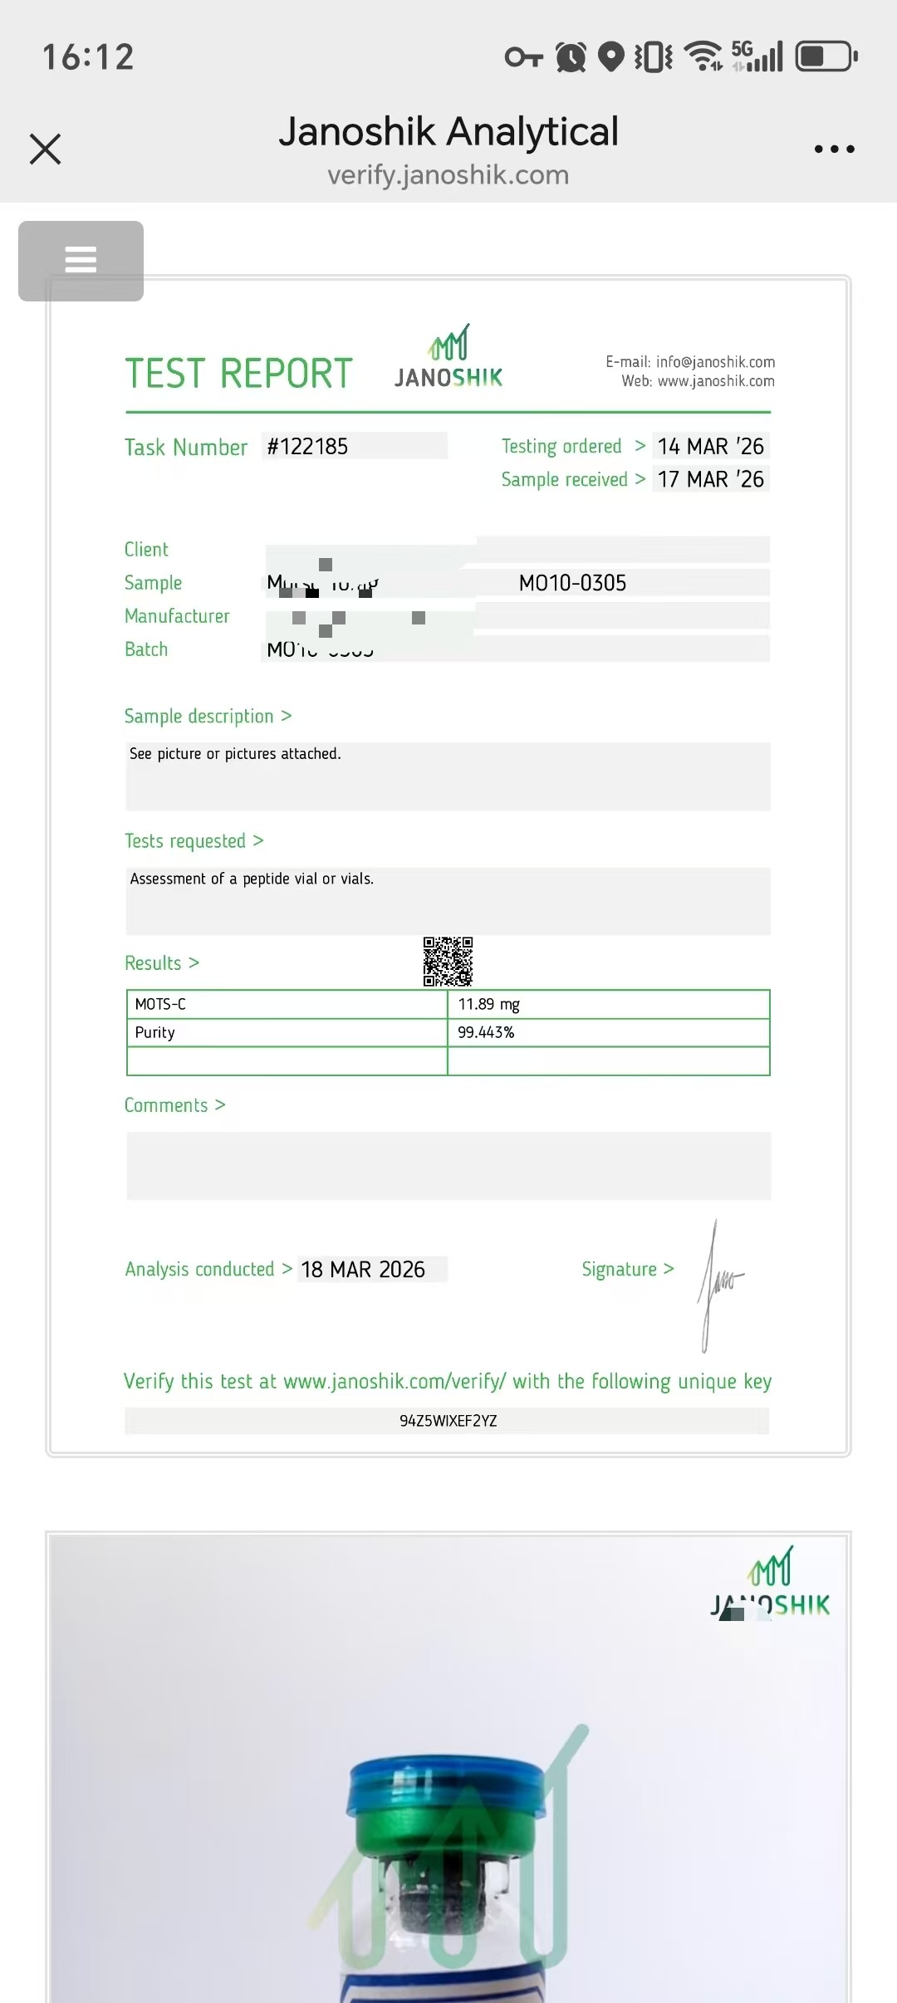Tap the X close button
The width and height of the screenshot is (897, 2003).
[x=46, y=149]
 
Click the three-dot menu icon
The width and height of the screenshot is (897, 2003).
[x=834, y=149]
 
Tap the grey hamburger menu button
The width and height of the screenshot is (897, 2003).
[x=81, y=261]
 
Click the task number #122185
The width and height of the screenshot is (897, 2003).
[x=307, y=447]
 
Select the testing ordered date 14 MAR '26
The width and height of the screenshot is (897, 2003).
[x=710, y=447]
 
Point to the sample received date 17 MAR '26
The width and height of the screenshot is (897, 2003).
[x=710, y=479]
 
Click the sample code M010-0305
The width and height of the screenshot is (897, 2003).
[x=572, y=583]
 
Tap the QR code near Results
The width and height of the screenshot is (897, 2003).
[x=448, y=962]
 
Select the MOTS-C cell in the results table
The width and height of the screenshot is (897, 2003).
[x=160, y=1004]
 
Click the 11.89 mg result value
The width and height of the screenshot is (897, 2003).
[x=488, y=1004]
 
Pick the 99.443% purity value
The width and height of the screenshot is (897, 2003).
[x=486, y=1032]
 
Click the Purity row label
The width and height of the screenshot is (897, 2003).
[x=155, y=1032]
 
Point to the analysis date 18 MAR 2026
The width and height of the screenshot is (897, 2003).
[x=363, y=1270]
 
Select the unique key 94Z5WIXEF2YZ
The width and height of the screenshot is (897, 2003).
[x=448, y=1421]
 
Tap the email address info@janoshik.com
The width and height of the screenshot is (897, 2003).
[x=715, y=362]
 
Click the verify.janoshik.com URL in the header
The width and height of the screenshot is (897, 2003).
[x=448, y=175]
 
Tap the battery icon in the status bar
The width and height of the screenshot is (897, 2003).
[x=826, y=56]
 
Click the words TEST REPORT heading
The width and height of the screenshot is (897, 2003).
[x=238, y=374]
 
